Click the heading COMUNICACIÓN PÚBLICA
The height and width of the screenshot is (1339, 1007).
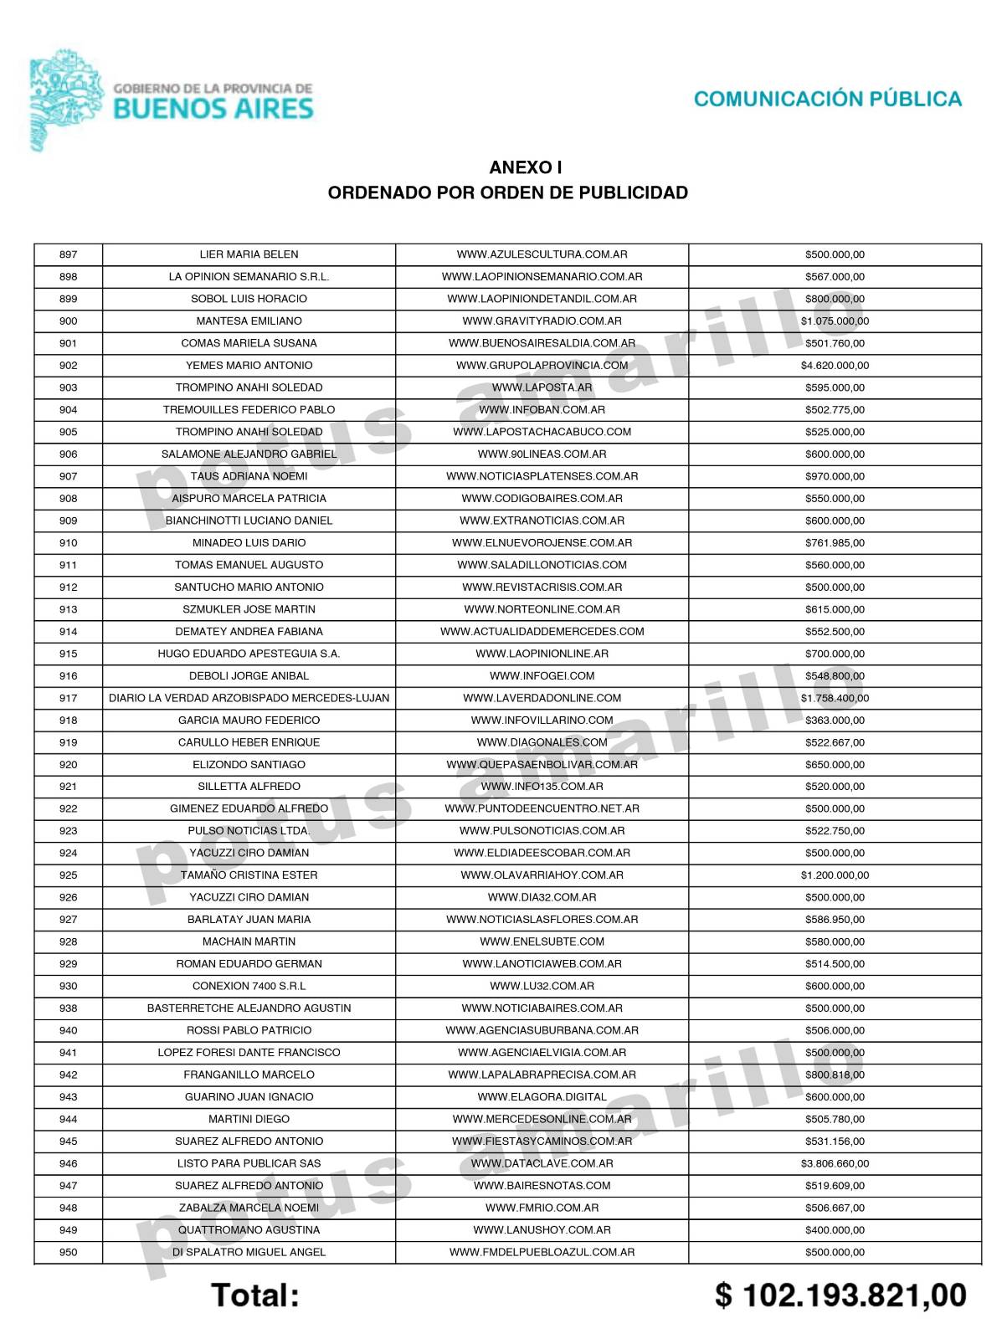[827, 100]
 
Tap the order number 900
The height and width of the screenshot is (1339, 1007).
[69, 321]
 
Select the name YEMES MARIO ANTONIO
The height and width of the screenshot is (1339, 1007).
[249, 366]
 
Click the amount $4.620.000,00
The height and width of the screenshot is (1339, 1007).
[835, 366]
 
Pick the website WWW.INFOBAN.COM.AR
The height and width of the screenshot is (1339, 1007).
[542, 410]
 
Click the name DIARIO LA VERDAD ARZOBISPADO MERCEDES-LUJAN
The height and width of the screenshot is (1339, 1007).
[249, 698]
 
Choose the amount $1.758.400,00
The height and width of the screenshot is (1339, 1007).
[835, 698]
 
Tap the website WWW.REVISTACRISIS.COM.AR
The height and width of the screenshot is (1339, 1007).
[542, 587]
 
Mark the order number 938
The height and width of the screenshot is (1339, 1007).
[69, 1008]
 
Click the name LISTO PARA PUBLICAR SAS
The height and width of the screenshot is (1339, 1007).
[249, 1163]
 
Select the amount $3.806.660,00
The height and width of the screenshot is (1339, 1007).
[835, 1163]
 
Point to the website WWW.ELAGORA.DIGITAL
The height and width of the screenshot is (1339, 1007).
[542, 1097]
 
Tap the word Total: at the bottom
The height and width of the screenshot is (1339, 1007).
[255, 1295]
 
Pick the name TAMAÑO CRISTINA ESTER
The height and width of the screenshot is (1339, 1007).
[249, 875]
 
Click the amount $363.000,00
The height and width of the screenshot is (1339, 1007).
[835, 721]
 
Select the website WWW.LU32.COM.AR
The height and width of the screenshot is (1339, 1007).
[542, 986]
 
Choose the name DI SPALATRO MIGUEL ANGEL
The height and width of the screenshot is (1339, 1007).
[249, 1253]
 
